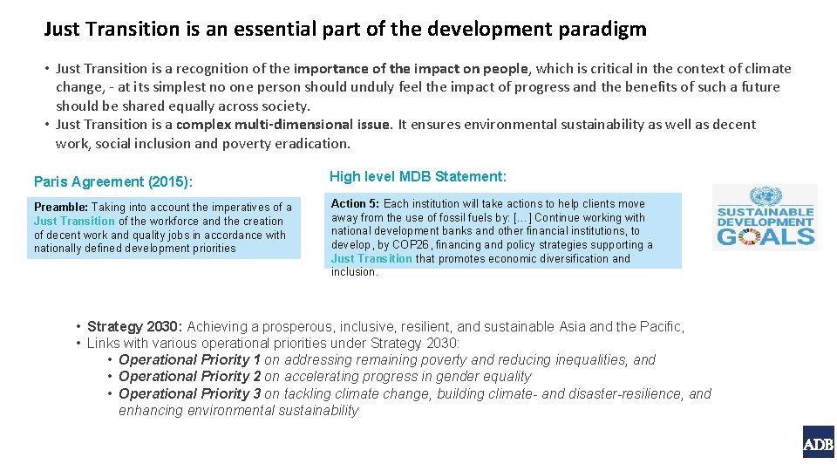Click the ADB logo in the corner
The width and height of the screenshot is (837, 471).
click(818, 442)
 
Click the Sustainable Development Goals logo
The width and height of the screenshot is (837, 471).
click(765, 218)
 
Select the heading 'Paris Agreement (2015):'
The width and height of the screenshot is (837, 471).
click(113, 181)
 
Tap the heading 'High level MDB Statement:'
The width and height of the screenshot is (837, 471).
click(418, 176)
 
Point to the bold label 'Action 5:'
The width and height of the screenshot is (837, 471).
click(355, 203)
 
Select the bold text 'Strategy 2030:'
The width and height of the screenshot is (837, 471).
click(135, 326)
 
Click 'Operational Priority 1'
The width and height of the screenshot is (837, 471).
click(189, 359)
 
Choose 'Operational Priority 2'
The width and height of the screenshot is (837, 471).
click(189, 376)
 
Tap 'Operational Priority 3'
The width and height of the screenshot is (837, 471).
click(189, 393)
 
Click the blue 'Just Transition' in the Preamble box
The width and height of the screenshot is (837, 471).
click(74, 221)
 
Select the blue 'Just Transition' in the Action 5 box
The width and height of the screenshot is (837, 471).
click(371, 258)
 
